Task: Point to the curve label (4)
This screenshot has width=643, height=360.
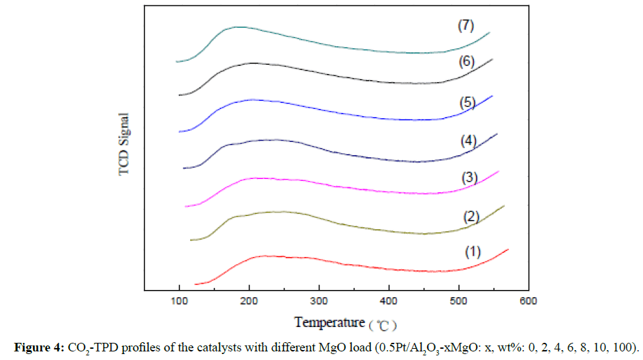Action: point(467,140)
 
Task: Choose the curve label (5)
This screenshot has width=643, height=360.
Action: point(467,102)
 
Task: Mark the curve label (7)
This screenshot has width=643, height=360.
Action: point(467,26)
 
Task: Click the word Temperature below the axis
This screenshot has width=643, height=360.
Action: point(329,322)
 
